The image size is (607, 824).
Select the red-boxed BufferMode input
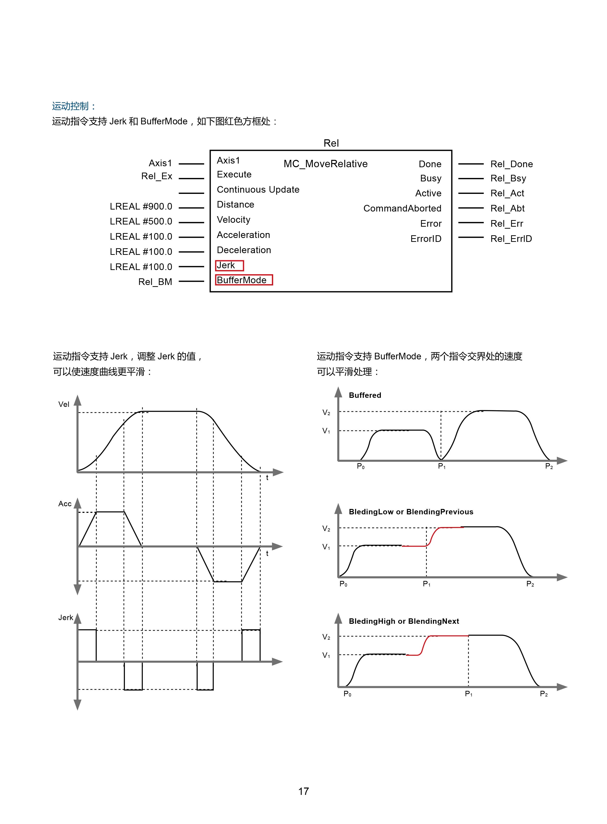point(244,280)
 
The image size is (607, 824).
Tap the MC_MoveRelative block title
point(325,164)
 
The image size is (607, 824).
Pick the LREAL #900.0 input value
point(141,207)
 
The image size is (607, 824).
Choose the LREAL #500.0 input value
point(141,222)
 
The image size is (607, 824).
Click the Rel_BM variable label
point(155,282)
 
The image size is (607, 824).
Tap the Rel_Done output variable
point(511,164)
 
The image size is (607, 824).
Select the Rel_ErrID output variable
point(511,239)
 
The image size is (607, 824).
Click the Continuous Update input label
point(258,190)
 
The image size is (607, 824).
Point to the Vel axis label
point(64,404)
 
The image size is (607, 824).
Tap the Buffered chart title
point(365,395)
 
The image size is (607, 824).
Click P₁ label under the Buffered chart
point(442,466)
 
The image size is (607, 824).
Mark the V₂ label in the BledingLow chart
point(326,529)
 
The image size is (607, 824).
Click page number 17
point(303,791)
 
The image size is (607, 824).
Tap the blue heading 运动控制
point(73,106)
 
